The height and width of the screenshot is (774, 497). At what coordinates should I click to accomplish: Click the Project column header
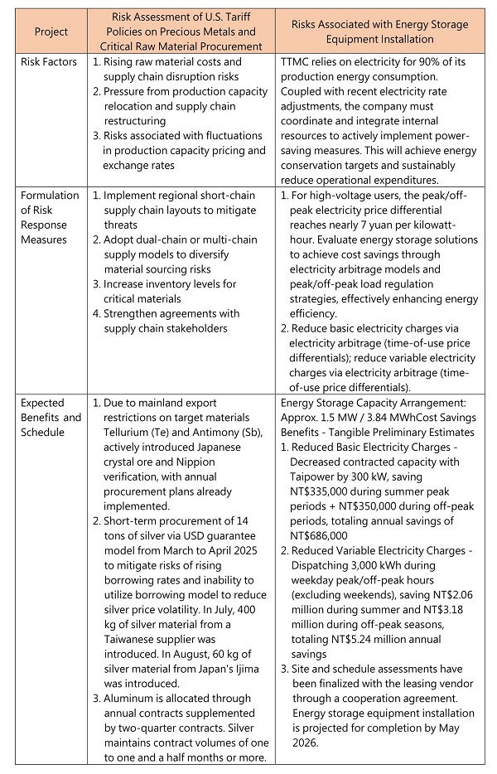pyautogui.click(x=51, y=31)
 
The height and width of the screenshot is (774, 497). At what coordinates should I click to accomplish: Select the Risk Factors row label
pyautogui.click(x=49, y=61)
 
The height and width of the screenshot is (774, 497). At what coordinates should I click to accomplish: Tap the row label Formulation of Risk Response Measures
pyautogui.click(x=49, y=218)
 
